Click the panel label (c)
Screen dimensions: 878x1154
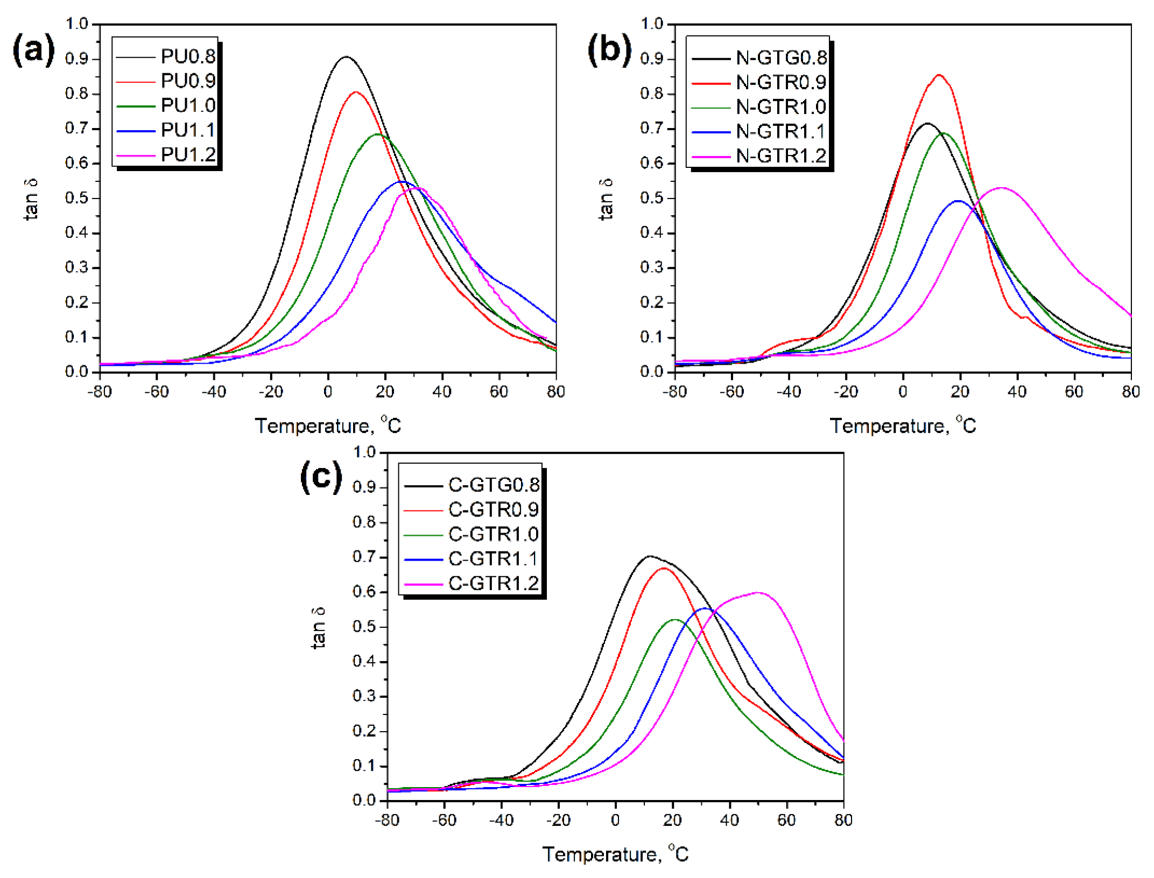tap(321, 477)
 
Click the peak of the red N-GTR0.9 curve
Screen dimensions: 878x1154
tap(939, 75)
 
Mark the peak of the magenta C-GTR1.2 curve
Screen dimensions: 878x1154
tap(758, 592)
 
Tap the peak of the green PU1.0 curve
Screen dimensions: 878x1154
tap(378, 134)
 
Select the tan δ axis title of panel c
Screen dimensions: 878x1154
tap(319, 627)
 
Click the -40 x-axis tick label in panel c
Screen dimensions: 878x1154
tap(501, 820)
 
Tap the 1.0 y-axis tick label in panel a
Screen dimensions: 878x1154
tap(76, 24)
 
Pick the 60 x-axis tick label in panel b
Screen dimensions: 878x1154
tap(1074, 392)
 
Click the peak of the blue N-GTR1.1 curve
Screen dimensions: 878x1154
tap(959, 201)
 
